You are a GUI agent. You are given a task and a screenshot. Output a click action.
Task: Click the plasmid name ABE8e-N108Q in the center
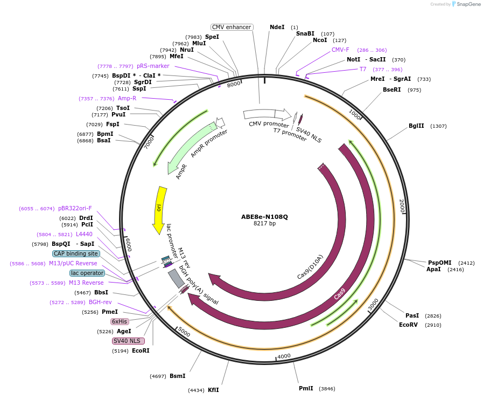coord(264,217)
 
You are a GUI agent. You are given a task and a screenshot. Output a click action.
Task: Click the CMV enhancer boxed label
coord(232,27)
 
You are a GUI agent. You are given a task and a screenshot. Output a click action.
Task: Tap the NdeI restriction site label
coord(277,27)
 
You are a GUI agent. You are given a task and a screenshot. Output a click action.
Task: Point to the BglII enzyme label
coord(416,126)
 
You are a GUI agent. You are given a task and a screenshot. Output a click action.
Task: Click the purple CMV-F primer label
coord(340,50)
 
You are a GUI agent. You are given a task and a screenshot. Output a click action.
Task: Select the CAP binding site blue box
coord(76,253)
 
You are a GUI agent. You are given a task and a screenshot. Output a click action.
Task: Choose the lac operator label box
coord(87,273)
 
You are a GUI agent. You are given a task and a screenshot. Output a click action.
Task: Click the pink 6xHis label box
coord(120,321)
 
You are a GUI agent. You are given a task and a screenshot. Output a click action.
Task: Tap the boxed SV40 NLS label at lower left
coord(127,341)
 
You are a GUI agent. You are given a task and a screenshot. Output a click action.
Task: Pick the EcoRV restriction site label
coord(408,325)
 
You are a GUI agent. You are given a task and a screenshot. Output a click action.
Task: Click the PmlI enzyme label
coord(306,388)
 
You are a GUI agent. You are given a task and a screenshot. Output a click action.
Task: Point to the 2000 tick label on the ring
coord(402,206)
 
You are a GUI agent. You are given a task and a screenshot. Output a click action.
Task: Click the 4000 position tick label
coord(284,356)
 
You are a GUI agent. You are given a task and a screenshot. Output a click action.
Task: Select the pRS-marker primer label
coord(153,66)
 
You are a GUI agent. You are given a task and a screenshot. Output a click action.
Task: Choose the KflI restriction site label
coord(213,390)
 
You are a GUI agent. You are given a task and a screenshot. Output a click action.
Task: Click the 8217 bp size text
coord(264,224)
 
